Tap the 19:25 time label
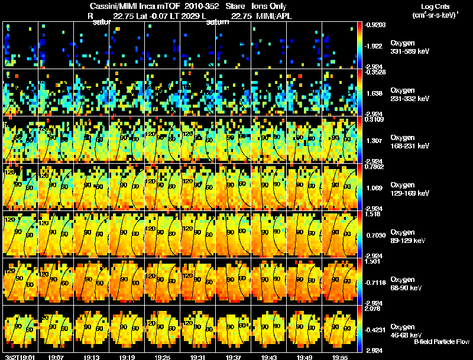pyautogui.click(x=163, y=356)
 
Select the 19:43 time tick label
pyautogui.click(x=268, y=356)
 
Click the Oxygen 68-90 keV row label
pyautogui.click(x=408, y=283)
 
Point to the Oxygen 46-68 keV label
pyautogui.click(x=408, y=330)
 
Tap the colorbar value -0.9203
pyautogui.click(x=376, y=25)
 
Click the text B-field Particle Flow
pyautogui.click(x=442, y=342)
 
